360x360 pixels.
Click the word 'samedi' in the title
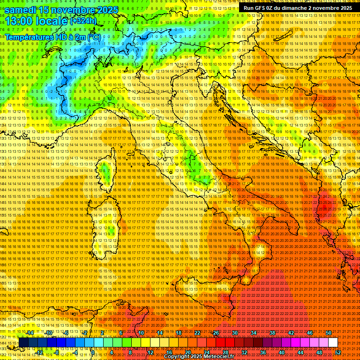click(x=22, y=10)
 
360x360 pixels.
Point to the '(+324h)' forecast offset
click(x=83, y=21)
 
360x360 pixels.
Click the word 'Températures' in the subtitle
click(x=28, y=37)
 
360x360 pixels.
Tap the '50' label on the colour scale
click(x=329, y=333)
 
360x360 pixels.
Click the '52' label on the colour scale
click(x=338, y=352)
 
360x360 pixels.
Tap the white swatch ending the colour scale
click(x=333, y=343)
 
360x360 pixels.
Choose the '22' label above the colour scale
click(x=197, y=333)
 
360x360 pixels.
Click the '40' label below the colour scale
click(x=282, y=352)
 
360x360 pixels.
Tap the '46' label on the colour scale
click(x=310, y=333)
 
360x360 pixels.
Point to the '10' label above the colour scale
click(x=141, y=333)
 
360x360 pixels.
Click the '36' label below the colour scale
click(x=263, y=352)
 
